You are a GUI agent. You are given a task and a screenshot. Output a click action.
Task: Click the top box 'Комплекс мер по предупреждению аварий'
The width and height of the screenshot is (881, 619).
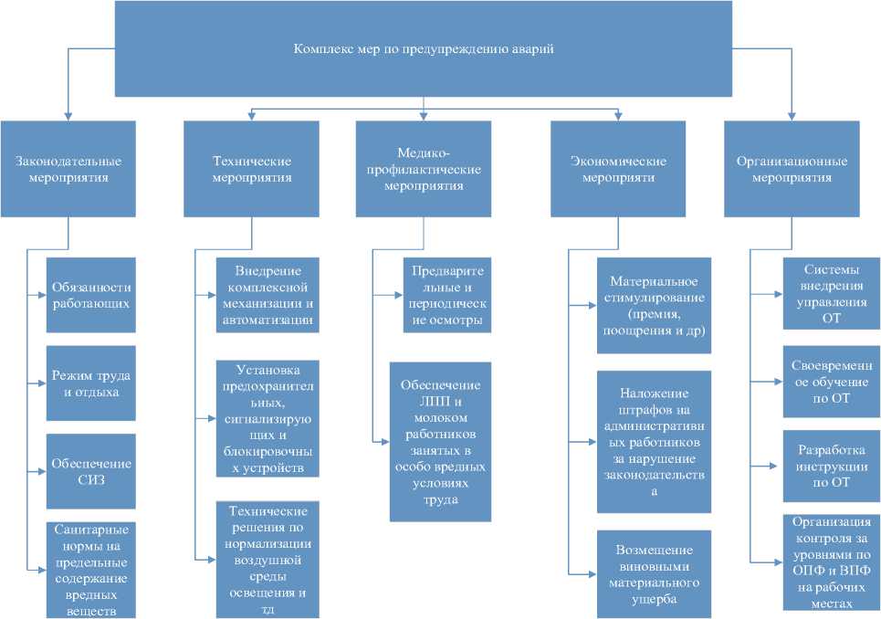point(424,48)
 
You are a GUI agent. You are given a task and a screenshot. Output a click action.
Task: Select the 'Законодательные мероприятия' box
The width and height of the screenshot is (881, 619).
point(68,169)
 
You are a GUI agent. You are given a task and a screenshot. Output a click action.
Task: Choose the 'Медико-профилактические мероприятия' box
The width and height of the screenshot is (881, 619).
point(424,169)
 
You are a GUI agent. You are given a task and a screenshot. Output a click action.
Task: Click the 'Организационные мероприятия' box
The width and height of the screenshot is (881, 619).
point(792,169)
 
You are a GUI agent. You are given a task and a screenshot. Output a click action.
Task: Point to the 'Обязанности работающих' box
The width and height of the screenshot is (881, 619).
point(90,295)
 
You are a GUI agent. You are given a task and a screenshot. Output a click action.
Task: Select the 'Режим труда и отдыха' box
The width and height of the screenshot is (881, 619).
point(90,383)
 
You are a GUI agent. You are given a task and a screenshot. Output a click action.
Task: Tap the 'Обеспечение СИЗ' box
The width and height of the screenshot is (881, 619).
point(90,470)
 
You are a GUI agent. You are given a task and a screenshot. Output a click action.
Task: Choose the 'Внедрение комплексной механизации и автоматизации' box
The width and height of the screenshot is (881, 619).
point(268,294)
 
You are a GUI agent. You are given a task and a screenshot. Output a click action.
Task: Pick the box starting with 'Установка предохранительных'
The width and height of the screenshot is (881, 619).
point(268,418)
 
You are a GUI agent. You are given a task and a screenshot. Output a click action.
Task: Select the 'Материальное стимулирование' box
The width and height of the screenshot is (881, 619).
point(654,305)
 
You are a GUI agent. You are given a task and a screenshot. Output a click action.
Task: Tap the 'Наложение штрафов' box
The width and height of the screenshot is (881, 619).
point(654,441)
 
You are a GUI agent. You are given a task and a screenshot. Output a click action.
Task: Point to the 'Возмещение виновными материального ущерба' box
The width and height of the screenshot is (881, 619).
point(654,573)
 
